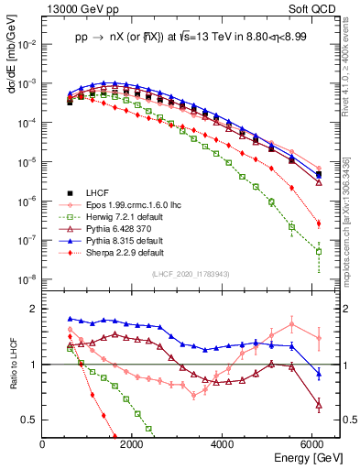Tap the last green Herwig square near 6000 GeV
point(318,251)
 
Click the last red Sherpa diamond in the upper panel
point(318,224)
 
